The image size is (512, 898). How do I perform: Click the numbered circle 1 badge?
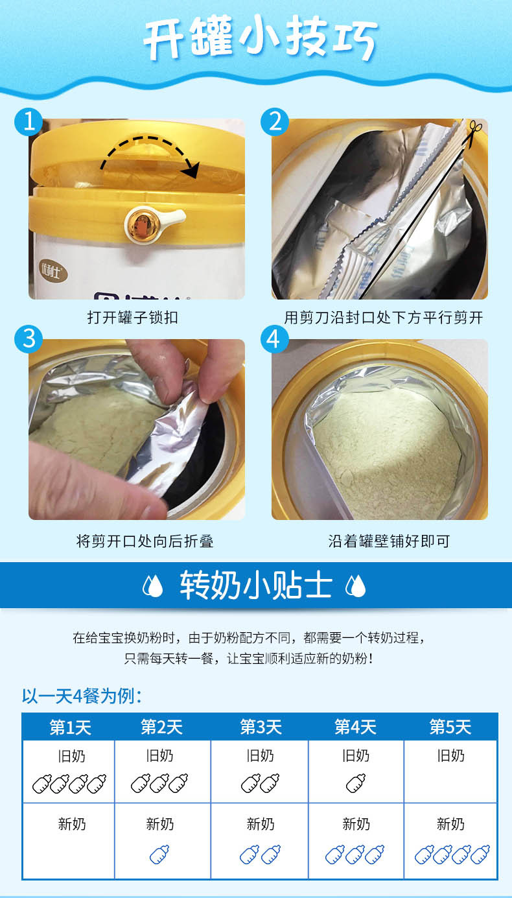point(29,121)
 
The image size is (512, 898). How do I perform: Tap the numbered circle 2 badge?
point(274,121)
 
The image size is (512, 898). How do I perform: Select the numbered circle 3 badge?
point(29,338)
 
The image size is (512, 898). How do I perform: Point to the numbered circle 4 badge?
point(274,338)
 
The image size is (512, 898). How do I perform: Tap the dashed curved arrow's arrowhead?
point(191,169)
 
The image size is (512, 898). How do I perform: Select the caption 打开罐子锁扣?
point(133,318)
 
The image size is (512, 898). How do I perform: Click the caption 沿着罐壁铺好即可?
point(389,541)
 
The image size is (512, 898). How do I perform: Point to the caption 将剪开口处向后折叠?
point(145,541)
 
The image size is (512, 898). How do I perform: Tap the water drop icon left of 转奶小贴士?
point(153,585)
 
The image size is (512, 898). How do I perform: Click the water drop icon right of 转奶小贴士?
point(355,585)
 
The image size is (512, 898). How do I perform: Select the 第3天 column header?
point(261,727)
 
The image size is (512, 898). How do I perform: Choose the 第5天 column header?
point(450,727)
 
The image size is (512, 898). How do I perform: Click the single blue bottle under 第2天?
point(159,855)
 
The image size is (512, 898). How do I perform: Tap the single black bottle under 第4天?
point(356,783)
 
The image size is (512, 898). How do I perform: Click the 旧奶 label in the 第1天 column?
point(72,756)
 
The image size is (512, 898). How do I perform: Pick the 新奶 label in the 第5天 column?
point(450,824)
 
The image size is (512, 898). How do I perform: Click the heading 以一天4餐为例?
point(82,696)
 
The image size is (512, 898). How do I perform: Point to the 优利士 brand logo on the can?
point(53,272)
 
